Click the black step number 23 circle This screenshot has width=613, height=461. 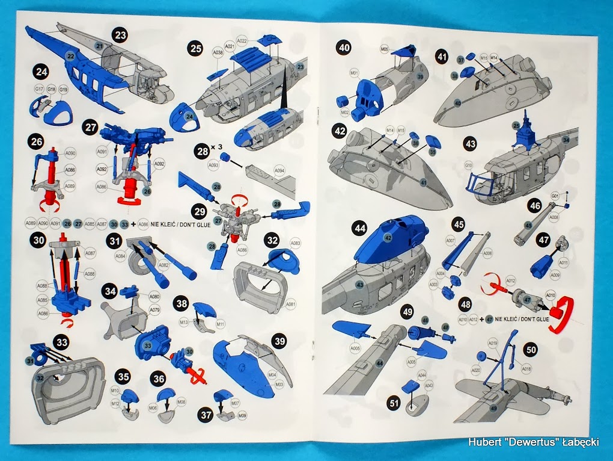click(121, 35)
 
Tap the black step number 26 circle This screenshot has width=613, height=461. click(35, 143)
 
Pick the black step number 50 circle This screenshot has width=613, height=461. click(531, 349)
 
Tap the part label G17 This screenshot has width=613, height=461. click(39, 89)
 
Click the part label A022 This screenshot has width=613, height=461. click(242, 41)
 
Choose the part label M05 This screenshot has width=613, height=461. click(385, 49)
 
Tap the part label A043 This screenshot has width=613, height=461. click(429, 385)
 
